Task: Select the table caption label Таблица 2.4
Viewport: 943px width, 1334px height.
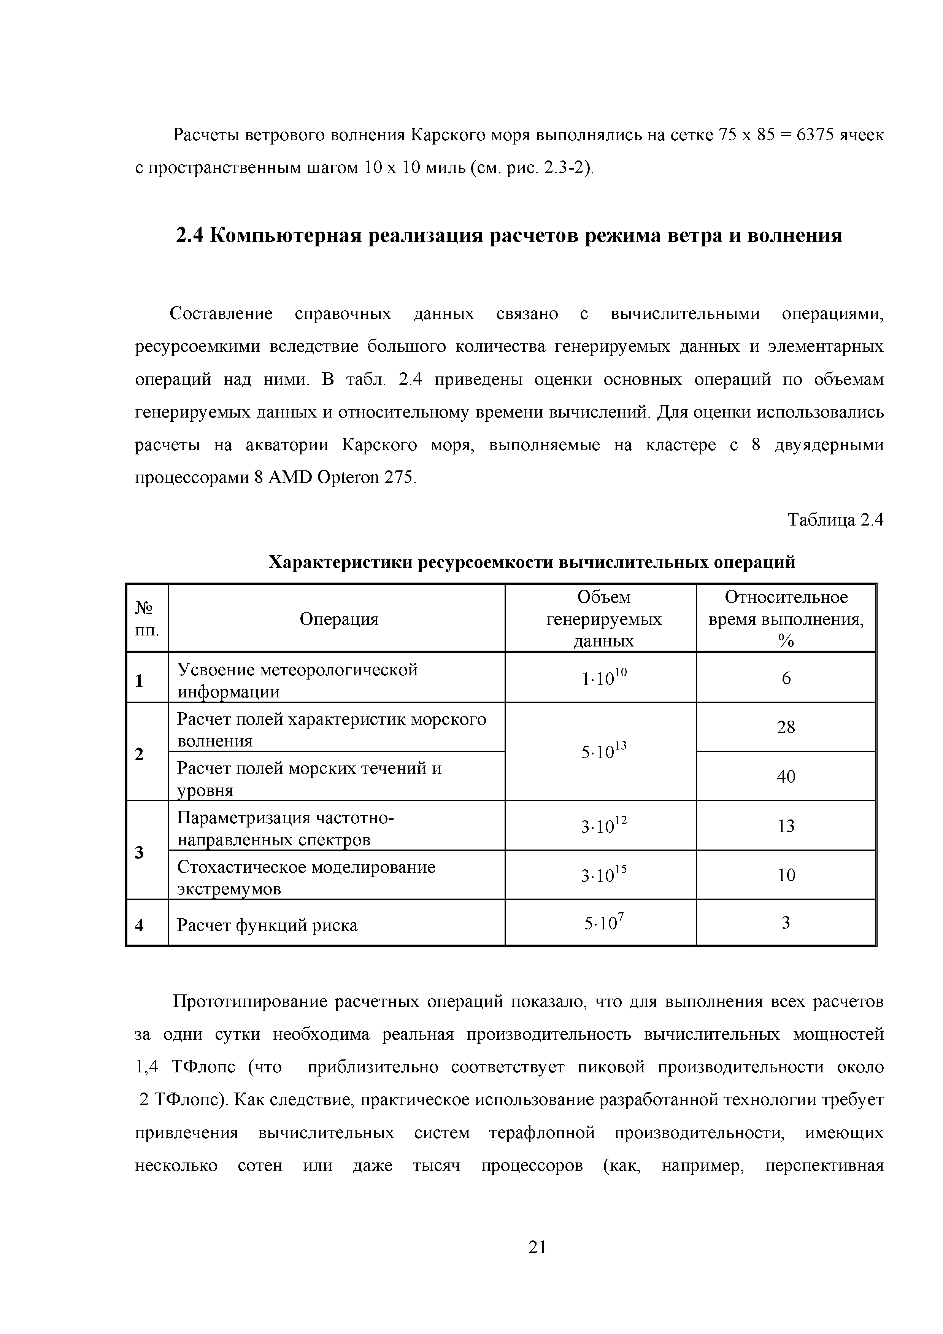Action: pyautogui.click(x=835, y=520)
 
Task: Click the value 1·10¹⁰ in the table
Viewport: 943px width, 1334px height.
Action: pyautogui.click(x=604, y=678)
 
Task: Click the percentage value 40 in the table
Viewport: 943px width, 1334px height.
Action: pyautogui.click(x=786, y=777)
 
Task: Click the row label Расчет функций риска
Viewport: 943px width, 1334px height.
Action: pyautogui.click(x=267, y=925)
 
